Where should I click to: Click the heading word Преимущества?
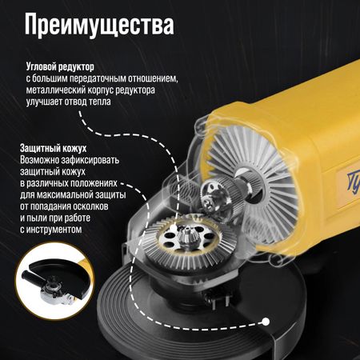(99, 25)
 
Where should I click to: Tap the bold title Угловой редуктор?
(60, 66)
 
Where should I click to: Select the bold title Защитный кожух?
(54, 148)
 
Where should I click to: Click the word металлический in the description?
(57, 90)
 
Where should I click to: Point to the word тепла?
(99, 102)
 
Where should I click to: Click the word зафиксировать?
(90, 160)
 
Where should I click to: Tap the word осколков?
(90, 206)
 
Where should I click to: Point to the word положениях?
(94, 183)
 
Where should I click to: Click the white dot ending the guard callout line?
(266, 322)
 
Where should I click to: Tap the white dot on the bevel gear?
(173, 228)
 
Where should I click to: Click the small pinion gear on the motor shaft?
(211, 202)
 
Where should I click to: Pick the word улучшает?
(44, 102)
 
